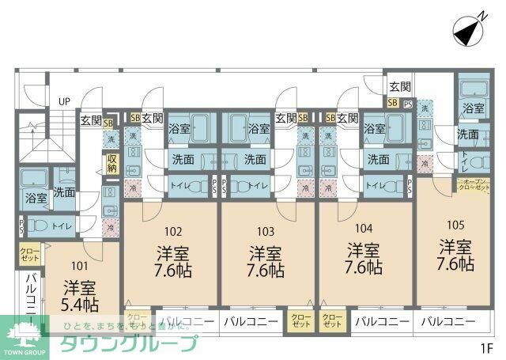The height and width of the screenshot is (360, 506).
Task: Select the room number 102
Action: [x=173, y=232]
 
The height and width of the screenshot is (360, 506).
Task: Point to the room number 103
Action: [x=266, y=232]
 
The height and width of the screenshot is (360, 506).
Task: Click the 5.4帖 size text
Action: [x=79, y=303]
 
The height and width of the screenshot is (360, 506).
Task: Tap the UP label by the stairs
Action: [x=64, y=101]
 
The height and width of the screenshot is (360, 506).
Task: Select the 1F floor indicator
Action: [x=484, y=347]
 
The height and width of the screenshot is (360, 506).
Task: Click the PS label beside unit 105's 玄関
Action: [x=408, y=103]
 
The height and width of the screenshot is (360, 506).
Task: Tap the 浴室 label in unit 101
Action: [x=35, y=197]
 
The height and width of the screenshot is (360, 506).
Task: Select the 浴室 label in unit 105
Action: [x=474, y=108]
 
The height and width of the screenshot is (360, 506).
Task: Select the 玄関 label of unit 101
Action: [x=90, y=120]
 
